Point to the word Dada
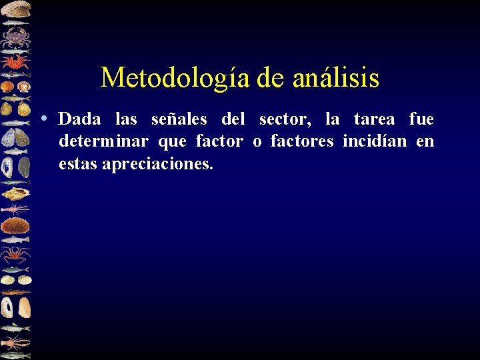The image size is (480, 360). pyautogui.click(x=79, y=119)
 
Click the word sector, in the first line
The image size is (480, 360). pyautogui.click(x=285, y=119)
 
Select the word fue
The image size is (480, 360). pyautogui.click(x=421, y=119)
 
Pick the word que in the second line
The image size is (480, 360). pyautogui.click(x=172, y=141)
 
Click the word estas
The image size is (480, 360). pyautogui.click(x=77, y=163)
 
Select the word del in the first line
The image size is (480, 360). pyautogui.click(x=233, y=119)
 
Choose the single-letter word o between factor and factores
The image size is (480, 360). pyautogui.click(x=257, y=141)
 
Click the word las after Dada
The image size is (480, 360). pyautogui.click(x=126, y=119)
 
